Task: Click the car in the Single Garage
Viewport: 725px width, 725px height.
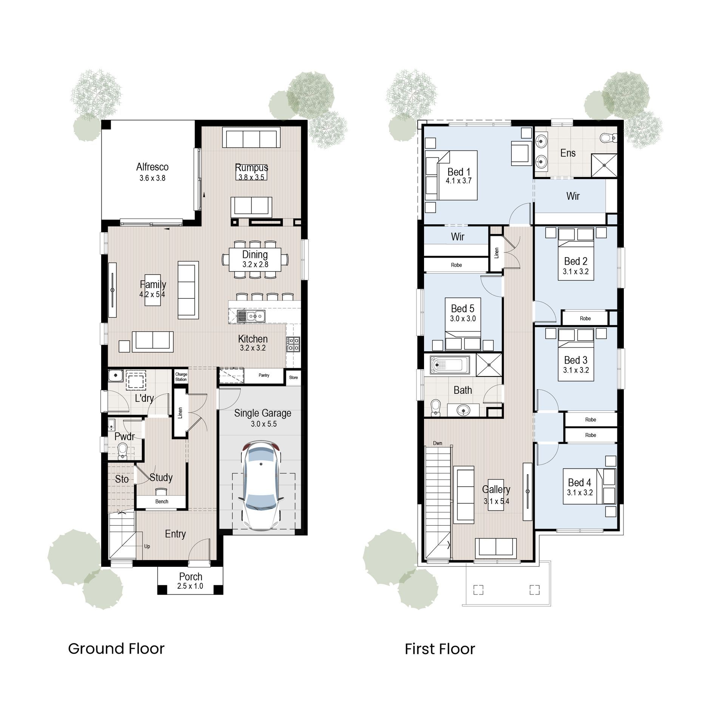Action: click(x=261, y=487)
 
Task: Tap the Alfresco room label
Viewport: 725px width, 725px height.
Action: click(x=152, y=167)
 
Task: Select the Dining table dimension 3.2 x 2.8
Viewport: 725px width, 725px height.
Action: click(x=255, y=265)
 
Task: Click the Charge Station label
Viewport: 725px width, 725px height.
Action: click(x=181, y=377)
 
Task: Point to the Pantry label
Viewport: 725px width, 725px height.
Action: click(x=264, y=375)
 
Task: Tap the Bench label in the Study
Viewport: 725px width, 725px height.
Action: click(x=162, y=501)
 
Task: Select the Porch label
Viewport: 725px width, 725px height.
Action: click(x=191, y=577)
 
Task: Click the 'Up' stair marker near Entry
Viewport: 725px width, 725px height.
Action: click(x=147, y=546)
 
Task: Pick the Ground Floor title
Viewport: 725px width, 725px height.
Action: click(x=116, y=649)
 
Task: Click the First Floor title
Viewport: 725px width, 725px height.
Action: click(x=440, y=649)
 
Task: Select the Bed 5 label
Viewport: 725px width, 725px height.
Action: click(x=463, y=309)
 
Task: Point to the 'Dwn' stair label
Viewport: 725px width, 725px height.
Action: click(x=437, y=443)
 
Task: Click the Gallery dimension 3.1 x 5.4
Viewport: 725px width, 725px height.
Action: click(x=496, y=501)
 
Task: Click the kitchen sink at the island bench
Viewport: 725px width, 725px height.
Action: click(x=251, y=316)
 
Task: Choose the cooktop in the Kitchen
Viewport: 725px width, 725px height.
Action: click(x=293, y=344)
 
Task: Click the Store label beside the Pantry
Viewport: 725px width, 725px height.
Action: click(x=293, y=378)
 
